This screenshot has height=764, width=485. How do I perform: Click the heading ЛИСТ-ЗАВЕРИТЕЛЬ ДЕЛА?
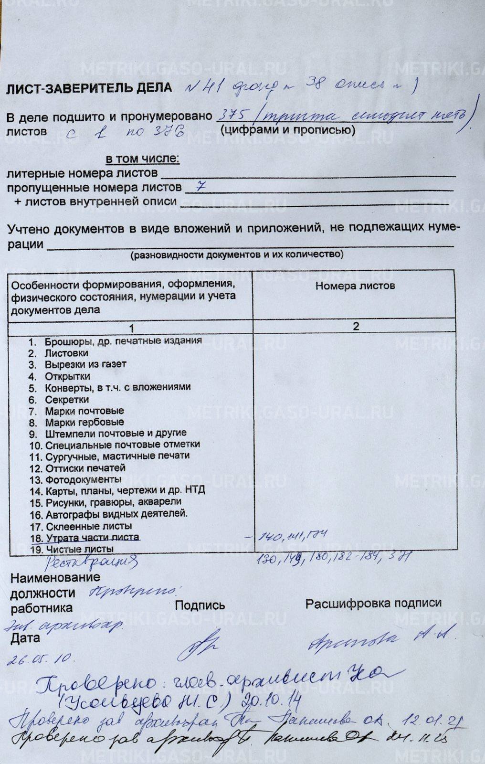click(x=89, y=88)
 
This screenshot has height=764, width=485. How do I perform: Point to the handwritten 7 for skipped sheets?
click(x=200, y=187)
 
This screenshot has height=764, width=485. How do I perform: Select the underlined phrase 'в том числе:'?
click(x=142, y=159)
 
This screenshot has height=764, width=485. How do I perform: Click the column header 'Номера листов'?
click(x=355, y=286)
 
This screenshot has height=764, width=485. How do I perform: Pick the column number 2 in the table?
click(x=356, y=327)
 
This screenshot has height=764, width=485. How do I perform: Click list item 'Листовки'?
click(x=66, y=353)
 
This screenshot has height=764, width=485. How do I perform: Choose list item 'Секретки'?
click(x=67, y=400)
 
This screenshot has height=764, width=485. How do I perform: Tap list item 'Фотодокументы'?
click(x=83, y=479)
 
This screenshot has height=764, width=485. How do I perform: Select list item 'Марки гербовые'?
click(x=84, y=423)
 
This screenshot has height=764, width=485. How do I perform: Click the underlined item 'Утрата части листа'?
click(x=93, y=538)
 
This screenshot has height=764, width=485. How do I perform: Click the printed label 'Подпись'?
click(x=200, y=605)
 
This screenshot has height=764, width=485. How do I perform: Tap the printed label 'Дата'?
click(x=25, y=638)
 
